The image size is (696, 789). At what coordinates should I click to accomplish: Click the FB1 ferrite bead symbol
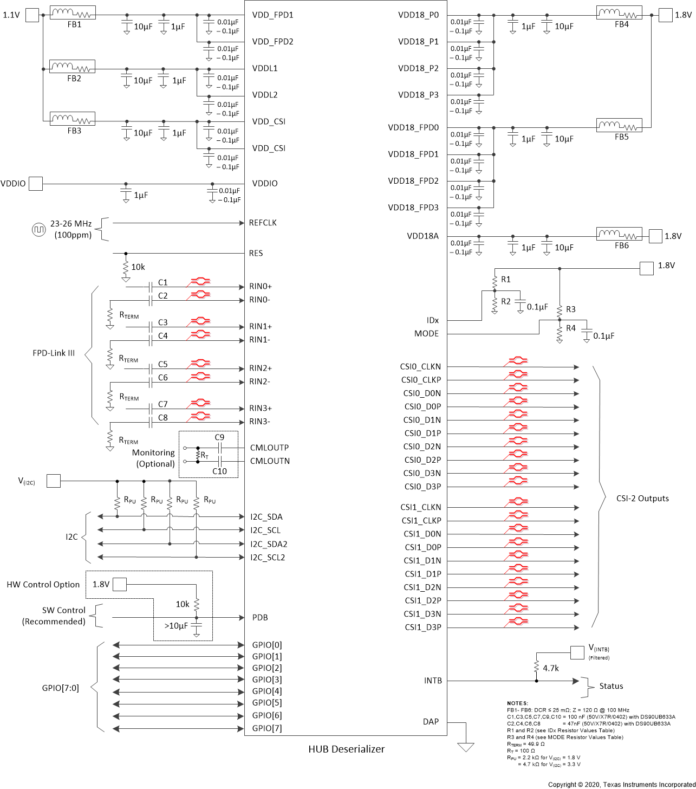[73, 13]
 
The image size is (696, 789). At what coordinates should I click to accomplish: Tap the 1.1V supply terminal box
[32, 15]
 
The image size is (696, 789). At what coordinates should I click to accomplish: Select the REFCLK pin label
[263, 223]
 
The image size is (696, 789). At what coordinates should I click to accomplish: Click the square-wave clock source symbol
[38, 230]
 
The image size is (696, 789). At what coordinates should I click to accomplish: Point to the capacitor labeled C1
[150, 287]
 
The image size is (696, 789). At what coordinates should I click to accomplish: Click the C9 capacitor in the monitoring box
[219, 448]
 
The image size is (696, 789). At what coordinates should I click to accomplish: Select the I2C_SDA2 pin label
[269, 544]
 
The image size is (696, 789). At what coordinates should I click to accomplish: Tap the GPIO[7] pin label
[267, 728]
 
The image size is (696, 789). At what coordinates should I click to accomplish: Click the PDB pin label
[260, 618]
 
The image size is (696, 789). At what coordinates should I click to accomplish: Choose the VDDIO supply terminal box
[36, 184]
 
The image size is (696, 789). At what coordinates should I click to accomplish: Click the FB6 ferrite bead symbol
[619, 234]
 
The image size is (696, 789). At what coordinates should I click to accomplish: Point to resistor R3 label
[571, 309]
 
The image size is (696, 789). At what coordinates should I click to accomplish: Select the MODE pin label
[426, 334]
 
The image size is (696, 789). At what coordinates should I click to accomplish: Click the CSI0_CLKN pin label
[420, 367]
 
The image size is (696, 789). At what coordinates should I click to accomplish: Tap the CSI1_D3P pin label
[422, 628]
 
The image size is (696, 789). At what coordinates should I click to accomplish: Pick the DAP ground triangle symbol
[466, 747]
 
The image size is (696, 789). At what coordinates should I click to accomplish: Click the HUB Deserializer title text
[346, 749]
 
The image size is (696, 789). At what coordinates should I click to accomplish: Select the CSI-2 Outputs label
[642, 499]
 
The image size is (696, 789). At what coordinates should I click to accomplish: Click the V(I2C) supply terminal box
[54, 481]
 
